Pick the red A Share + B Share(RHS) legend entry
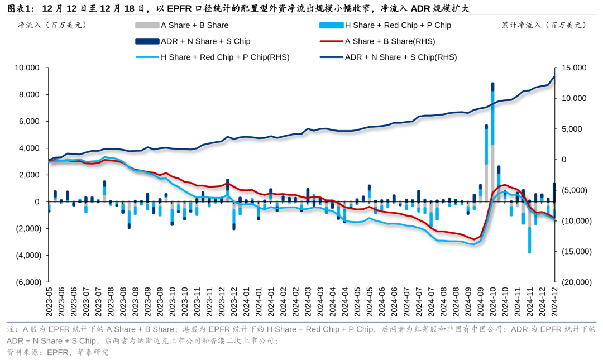(x=377, y=41)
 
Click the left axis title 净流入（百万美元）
(x=52, y=25)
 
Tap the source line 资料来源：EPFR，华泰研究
(x=58, y=352)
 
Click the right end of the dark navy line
(x=554, y=76)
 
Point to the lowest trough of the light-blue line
(x=475, y=244)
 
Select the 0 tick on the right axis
(x=564, y=160)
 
